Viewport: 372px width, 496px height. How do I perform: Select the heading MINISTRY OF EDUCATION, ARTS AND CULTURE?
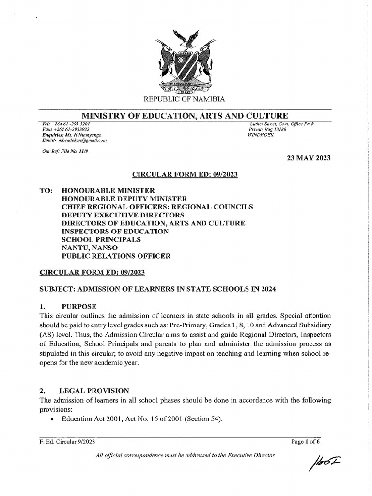(x=185, y=115)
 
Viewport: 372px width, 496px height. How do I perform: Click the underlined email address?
(x=82, y=140)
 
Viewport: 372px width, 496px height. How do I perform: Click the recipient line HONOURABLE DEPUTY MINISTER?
(x=124, y=199)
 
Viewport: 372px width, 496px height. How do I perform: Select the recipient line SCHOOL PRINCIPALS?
(x=101, y=239)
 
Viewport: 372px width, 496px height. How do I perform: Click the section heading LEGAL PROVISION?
(x=94, y=390)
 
